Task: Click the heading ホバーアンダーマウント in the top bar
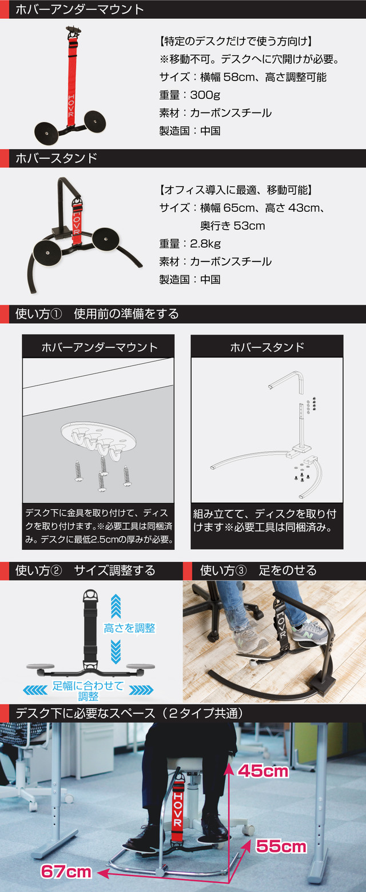79,10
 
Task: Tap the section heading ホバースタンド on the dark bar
56,158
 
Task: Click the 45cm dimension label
263,771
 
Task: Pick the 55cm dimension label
281,846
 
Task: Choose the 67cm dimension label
66,871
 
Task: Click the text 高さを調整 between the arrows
130,628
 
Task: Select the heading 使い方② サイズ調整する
85,570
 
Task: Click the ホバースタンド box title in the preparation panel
267,347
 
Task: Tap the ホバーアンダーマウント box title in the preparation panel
100,347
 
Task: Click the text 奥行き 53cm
232,226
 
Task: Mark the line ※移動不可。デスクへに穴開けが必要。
250,59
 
